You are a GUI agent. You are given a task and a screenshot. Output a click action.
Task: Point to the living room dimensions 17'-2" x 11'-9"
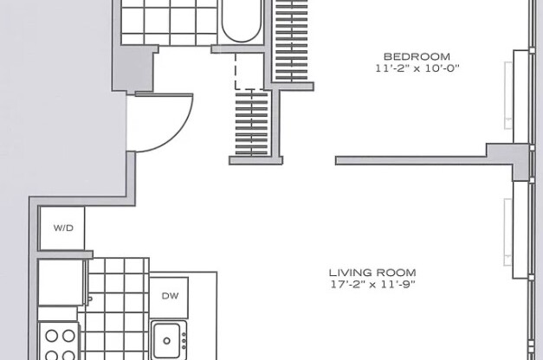coord(372,284)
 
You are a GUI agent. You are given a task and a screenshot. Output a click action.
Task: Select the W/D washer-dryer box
coord(63,228)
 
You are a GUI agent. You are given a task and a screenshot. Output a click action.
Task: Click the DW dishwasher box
coord(169,295)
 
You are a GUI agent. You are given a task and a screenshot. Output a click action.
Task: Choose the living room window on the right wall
coord(519,229)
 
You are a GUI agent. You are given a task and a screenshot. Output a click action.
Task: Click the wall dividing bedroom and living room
coord(416,159)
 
